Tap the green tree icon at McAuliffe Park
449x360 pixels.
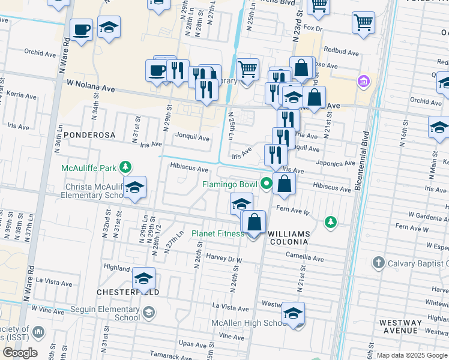[x=125, y=167]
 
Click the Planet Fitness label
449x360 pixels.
[x=217, y=233]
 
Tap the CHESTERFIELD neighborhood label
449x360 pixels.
[x=128, y=292]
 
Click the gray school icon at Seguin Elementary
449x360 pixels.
[x=148, y=313]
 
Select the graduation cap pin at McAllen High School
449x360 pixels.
[x=293, y=314]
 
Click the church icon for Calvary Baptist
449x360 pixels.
[x=378, y=262]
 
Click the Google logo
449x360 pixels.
[x=20, y=353]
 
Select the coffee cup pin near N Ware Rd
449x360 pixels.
[x=81, y=29]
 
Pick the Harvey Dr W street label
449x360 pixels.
[x=224, y=260]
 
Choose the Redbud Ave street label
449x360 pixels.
[x=340, y=53]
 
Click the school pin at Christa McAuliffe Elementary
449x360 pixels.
[x=135, y=188]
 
